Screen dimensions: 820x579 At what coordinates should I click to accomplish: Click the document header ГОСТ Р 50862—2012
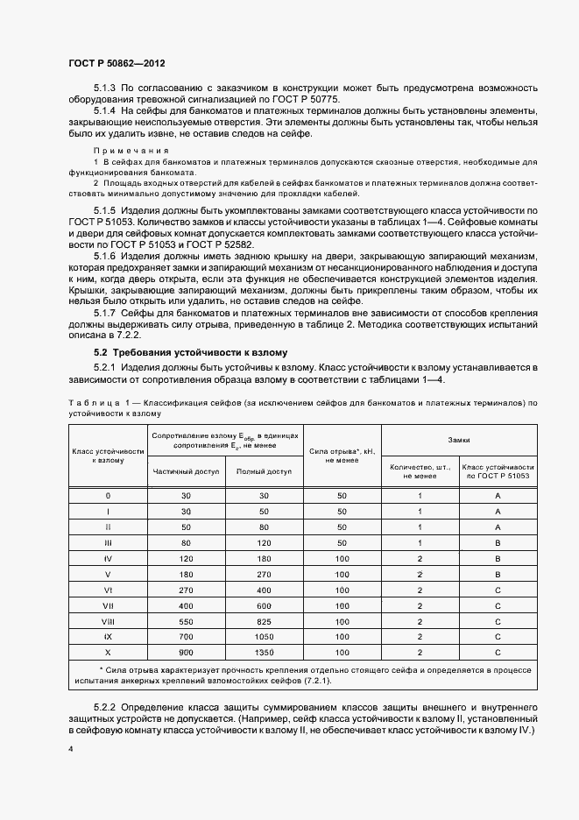[116, 64]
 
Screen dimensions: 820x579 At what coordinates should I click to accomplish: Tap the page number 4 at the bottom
[71, 751]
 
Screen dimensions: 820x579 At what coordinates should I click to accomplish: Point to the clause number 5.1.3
[104, 88]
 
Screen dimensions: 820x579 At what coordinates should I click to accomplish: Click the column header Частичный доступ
[185, 470]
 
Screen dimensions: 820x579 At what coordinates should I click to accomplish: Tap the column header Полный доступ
[264, 470]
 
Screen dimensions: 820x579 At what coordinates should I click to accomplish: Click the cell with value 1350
[264, 653]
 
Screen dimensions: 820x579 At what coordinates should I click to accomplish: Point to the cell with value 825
[264, 621]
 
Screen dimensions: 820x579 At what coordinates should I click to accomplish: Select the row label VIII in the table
[108, 621]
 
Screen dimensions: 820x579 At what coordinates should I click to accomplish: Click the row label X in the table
[108, 653]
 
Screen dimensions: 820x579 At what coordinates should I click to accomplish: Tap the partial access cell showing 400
[185, 605]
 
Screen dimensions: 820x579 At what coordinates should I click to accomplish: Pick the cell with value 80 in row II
[264, 527]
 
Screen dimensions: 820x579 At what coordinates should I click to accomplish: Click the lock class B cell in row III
[498, 542]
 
